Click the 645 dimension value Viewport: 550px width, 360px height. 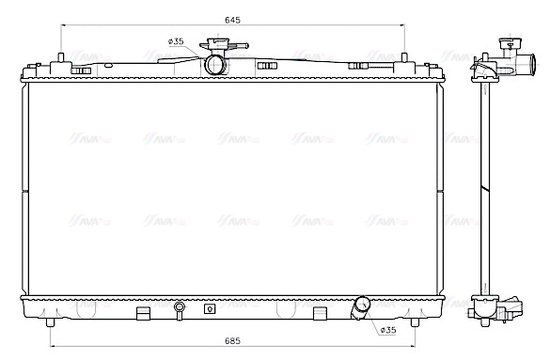click(x=232, y=20)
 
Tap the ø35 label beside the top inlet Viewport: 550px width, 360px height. click(x=175, y=41)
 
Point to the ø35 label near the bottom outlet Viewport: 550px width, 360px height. click(x=387, y=329)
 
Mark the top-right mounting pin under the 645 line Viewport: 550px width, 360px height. click(x=405, y=58)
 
